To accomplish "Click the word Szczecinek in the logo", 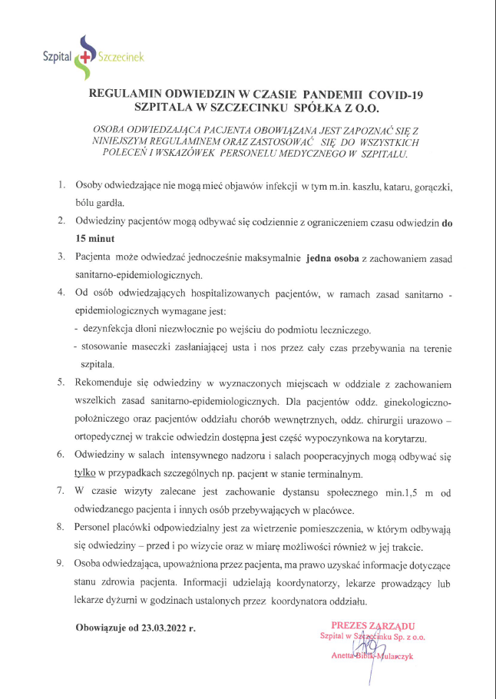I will pyautogui.click(x=121, y=56).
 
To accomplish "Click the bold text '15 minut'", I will pyautogui.click(x=95, y=239).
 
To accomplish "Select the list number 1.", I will pyautogui.click(x=62, y=187).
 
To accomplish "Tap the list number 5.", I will pyautogui.click(x=61, y=382).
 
